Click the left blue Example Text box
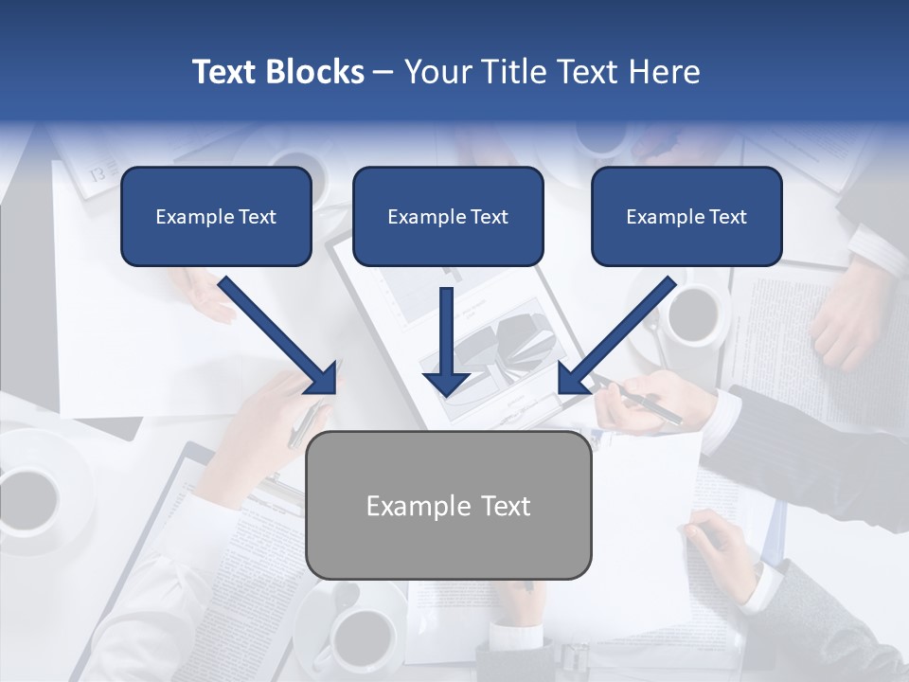tap(216, 216)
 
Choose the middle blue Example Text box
tap(448, 216)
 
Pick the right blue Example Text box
tap(686, 216)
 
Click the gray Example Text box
tap(448, 505)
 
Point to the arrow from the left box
tap(276, 334)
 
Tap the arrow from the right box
tap(619, 333)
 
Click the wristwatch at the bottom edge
tap(574, 656)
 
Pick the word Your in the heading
tap(439, 72)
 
